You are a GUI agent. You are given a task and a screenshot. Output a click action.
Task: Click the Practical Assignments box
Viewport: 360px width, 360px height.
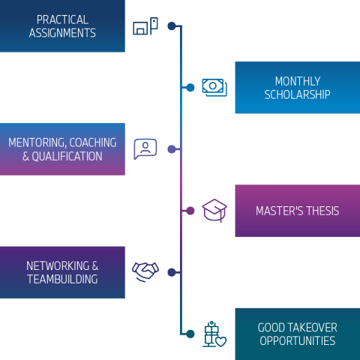click(62, 26)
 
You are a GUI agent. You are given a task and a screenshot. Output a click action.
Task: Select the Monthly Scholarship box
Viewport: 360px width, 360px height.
click(297, 88)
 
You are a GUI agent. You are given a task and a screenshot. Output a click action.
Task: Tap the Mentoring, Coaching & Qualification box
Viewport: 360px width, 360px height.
click(62, 149)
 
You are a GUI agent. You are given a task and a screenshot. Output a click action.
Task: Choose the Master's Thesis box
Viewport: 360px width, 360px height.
click(297, 211)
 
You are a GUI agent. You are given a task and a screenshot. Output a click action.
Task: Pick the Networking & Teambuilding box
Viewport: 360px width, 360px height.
click(62, 272)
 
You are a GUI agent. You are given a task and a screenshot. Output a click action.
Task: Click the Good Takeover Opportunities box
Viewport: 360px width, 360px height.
click(297, 334)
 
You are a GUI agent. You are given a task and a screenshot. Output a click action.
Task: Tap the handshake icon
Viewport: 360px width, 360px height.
click(145, 271)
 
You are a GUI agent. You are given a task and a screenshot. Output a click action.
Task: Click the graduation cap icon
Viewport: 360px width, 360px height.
click(214, 210)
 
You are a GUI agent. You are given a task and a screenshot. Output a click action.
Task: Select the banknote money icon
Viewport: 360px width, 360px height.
click(214, 88)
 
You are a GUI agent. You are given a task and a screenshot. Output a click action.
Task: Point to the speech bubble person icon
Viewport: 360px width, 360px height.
click(145, 148)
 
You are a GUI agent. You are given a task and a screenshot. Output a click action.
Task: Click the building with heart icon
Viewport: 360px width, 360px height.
click(214, 334)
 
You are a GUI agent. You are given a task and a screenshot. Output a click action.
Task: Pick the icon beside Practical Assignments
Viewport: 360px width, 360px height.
click(145, 26)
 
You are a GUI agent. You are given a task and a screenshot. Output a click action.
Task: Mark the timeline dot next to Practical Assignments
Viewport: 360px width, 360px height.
click(172, 26)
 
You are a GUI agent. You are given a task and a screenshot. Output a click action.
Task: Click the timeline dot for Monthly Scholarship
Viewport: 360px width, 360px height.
click(190, 88)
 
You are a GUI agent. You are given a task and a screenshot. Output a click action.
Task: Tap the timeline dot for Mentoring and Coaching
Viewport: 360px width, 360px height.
click(172, 149)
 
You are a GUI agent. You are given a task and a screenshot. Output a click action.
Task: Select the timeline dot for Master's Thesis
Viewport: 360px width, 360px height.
click(190, 211)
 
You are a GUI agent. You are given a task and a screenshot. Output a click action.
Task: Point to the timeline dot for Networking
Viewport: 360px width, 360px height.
click(172, 272)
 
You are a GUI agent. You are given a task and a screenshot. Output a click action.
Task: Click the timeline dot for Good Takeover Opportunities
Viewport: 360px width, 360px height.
click(190, 334)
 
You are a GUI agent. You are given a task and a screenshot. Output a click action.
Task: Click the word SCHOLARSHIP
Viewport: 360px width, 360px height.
click(297, 94)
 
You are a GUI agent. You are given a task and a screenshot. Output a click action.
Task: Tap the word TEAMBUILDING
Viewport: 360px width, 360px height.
click(62, 279)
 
